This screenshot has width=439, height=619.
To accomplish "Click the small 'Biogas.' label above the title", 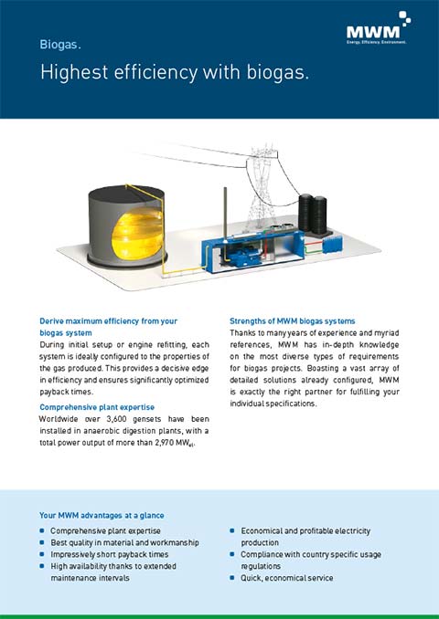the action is pyautogui.click(x=61, y=44).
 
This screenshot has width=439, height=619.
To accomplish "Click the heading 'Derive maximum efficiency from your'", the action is pyautogui.click(x=108, y=321).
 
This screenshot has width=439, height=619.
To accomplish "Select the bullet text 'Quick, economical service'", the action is pyautogui.click(x=286, y=578).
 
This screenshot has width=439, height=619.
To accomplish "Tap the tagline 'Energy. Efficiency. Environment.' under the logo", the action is pyautogui.click(x=376, y=41).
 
